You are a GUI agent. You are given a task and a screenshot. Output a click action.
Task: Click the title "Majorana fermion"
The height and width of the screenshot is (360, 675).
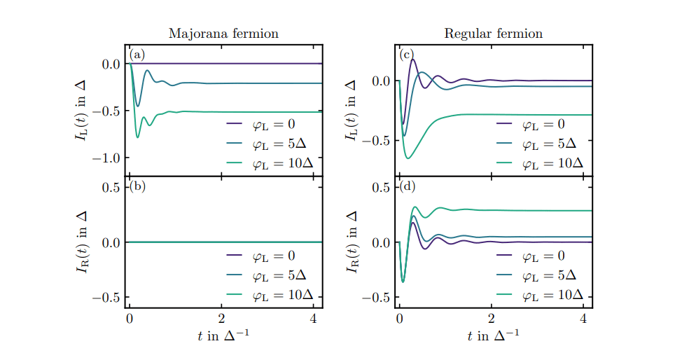[223, 34]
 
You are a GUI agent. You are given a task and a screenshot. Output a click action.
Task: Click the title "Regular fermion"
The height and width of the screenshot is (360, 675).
[493, 34]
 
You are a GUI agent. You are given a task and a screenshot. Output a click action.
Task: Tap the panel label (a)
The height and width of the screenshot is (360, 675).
[137, 55]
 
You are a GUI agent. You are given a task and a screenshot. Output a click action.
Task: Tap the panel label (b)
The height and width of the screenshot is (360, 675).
[137, 186]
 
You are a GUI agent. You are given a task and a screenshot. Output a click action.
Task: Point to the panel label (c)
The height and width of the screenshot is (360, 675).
[407, 55]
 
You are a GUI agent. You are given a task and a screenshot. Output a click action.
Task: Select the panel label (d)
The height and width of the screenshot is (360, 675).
[408, 186]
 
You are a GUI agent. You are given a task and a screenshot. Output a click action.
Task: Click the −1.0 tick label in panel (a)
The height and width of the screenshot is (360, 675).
[106, 158]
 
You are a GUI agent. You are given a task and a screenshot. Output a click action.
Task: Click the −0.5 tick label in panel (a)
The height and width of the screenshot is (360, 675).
[106, 111]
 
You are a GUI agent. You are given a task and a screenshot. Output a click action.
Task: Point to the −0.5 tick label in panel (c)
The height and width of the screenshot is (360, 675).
[377, 141]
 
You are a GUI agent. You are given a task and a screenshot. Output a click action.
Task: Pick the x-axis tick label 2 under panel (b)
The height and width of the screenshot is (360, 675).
[221, 319]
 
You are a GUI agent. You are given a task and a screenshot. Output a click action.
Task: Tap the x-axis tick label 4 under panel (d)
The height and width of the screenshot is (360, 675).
[583, 319]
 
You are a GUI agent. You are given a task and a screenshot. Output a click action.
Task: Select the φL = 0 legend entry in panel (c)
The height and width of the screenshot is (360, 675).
[540, 124]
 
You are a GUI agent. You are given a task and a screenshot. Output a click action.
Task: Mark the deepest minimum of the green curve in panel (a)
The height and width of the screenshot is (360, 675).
[137, 137]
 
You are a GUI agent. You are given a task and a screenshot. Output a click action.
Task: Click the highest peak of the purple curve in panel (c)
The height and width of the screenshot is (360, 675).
[413, 60]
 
